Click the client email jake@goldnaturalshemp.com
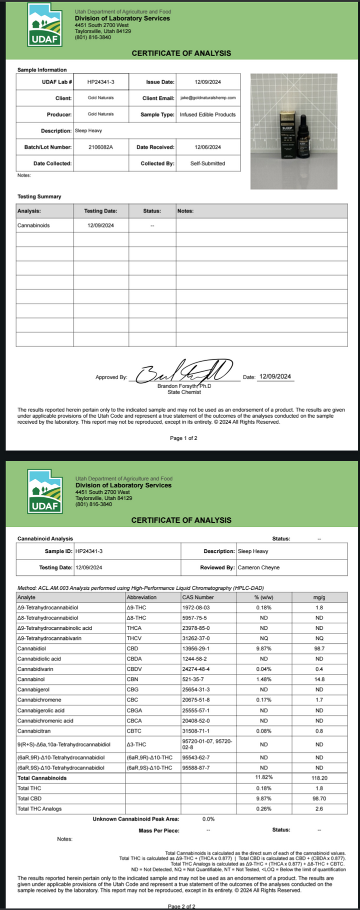click(208, 98)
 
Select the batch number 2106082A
click(100, 147)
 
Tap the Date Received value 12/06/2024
click(208, 147)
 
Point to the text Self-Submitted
click(207, 164)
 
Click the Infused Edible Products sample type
click(207, 115)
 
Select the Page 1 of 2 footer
click(183, 438)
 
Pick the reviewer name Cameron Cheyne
click(258, 568)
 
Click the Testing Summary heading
click(39, 197)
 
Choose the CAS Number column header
click(198, 597)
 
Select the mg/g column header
click(319, 597)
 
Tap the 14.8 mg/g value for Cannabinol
click(319, 679)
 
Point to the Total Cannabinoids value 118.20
click(319, 778)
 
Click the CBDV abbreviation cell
click(133, 669)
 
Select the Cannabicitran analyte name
click(34, 731)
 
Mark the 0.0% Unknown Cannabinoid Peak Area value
click(208, 819)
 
